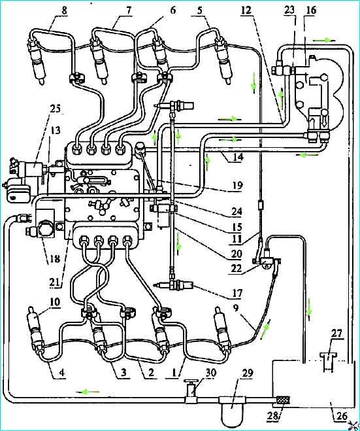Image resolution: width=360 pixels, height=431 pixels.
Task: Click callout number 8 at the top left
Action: [65, 10]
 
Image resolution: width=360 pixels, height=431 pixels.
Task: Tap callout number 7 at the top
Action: [129, 10]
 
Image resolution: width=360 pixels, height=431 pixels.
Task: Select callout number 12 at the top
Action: [246, 10]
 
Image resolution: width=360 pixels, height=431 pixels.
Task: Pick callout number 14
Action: [238, 157]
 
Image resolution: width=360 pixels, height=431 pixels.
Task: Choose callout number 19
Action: [238, 185]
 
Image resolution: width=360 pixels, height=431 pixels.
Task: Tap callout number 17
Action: [238, 293]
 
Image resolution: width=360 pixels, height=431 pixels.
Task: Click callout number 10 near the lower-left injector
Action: [55, 302]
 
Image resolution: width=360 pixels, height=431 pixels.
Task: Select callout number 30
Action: [210, 373]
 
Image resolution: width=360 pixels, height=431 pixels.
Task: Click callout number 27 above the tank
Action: [337, 334]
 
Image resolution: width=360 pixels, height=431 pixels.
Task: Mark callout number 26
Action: [342, 416]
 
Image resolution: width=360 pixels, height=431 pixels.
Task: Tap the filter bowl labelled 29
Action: [233, 407]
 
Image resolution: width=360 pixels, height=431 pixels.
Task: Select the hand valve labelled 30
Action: [191, 391]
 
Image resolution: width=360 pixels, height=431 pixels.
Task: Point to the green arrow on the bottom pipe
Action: [87, 392]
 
